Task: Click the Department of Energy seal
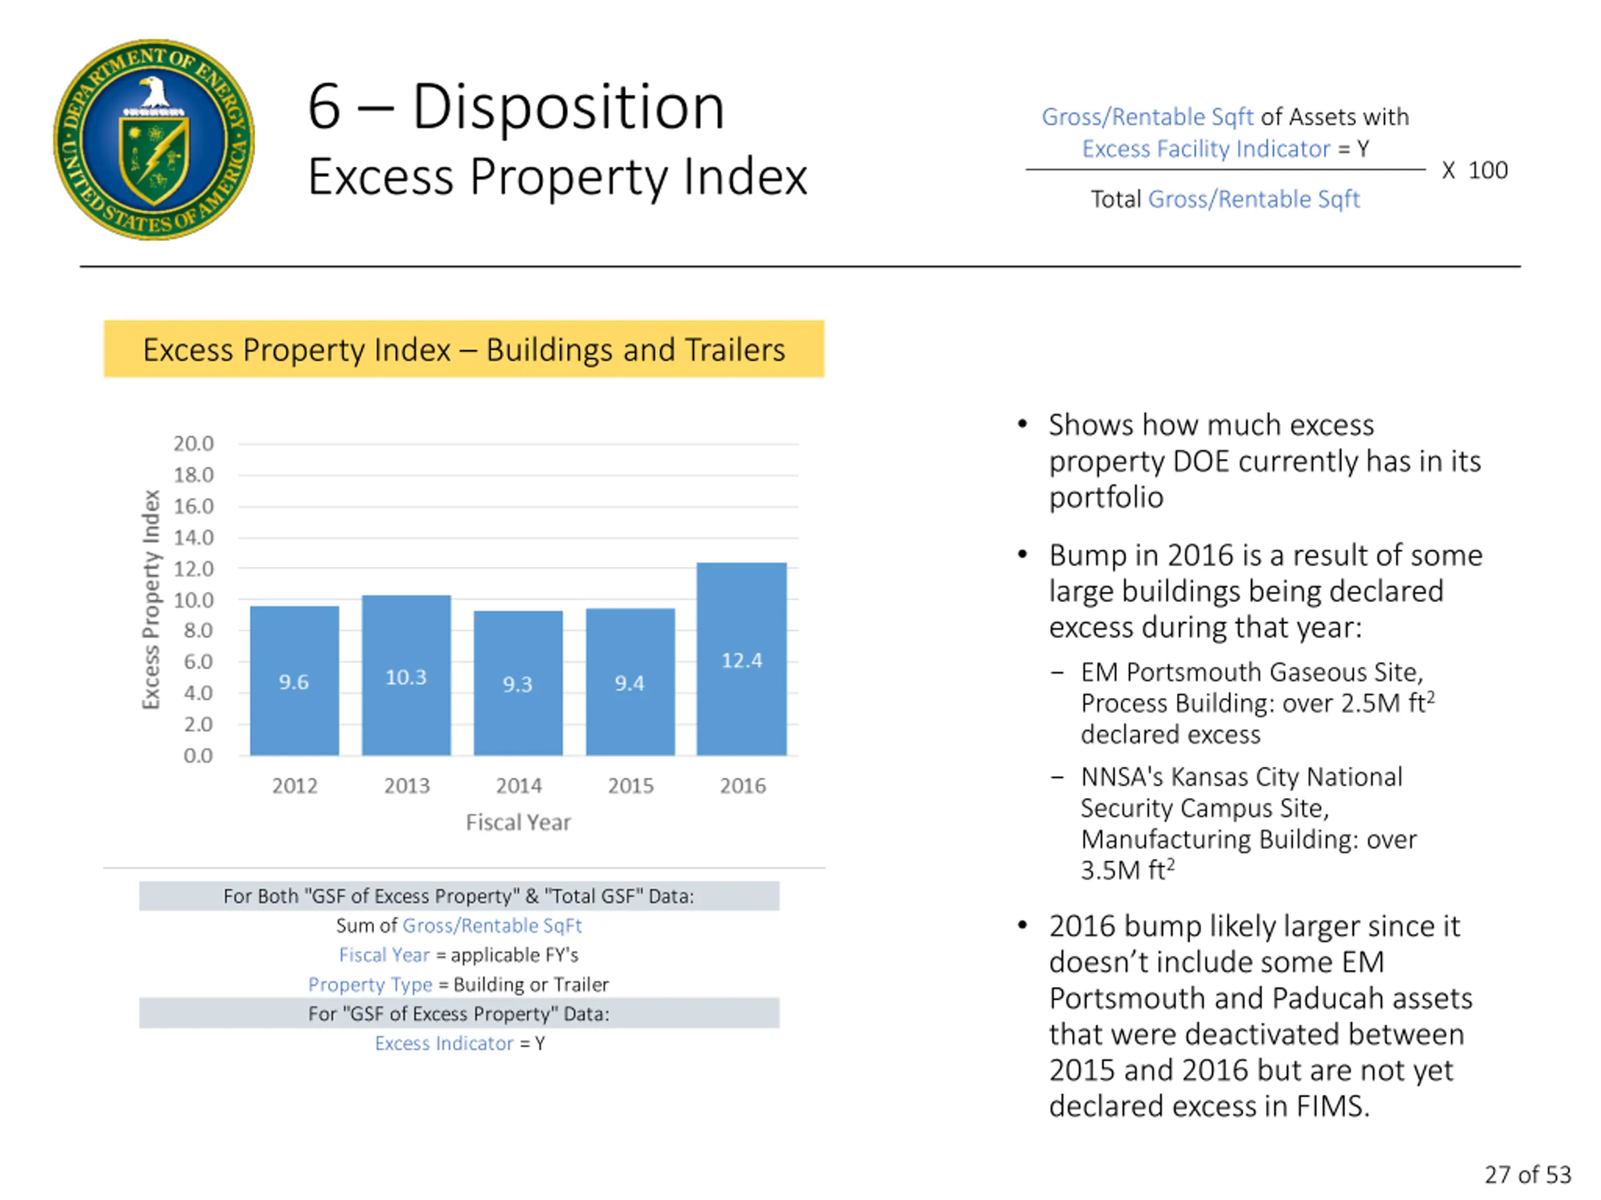click(x=154, y=139)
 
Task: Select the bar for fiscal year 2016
click(x=741, y=658)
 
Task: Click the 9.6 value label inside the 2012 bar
click(x=294, y=681)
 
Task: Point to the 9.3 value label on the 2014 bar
click(x=517, y=684)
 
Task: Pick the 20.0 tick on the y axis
click(x=193, y=443)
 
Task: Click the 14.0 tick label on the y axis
click(x=193, y=537)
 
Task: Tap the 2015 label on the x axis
click(x=630, y=786)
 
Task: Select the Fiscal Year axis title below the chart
click(x=518, y=822)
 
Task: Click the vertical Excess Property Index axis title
click(x=151, y=599)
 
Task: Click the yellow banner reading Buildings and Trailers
click(x=464, y=349)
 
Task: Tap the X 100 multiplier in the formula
click(x=1474, y=171)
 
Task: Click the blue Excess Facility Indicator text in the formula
click(x=1206, y=149)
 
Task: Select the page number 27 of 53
click(x=1528, y=1174)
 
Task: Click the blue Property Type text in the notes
click(x=370, y=984)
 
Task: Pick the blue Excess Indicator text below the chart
click(x=443, y=1043)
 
